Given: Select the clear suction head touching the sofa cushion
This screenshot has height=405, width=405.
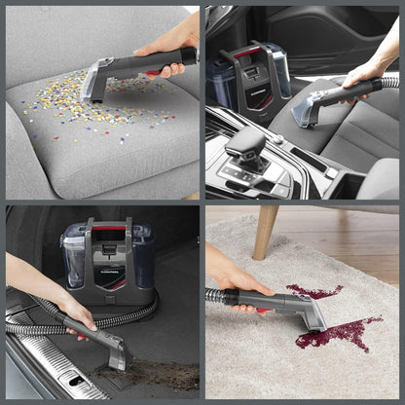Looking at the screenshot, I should coord(96,84).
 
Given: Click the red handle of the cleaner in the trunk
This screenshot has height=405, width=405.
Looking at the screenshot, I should coord(110,227).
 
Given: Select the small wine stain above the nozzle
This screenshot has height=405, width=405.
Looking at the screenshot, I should coord(313,290).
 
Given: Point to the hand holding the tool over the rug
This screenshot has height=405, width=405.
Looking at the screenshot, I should coord(234,278).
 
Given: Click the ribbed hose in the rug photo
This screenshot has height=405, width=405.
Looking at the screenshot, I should coord(215,294).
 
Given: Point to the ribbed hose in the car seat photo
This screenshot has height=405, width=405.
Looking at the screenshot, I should coord(389,82).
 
